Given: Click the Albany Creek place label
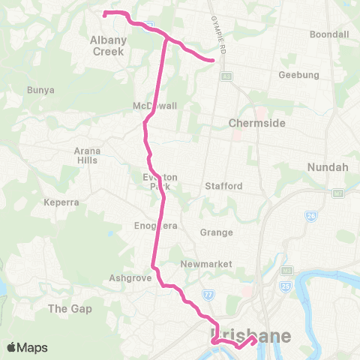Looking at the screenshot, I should [x=107, y=46].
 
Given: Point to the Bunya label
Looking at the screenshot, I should [x=40, y=90].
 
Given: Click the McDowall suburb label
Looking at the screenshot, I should [x=155, y=106].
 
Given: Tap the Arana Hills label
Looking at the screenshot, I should [x=87, y=155].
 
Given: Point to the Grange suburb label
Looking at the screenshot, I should [x=216, y=232].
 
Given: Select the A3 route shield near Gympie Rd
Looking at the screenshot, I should [x=226, y=76].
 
